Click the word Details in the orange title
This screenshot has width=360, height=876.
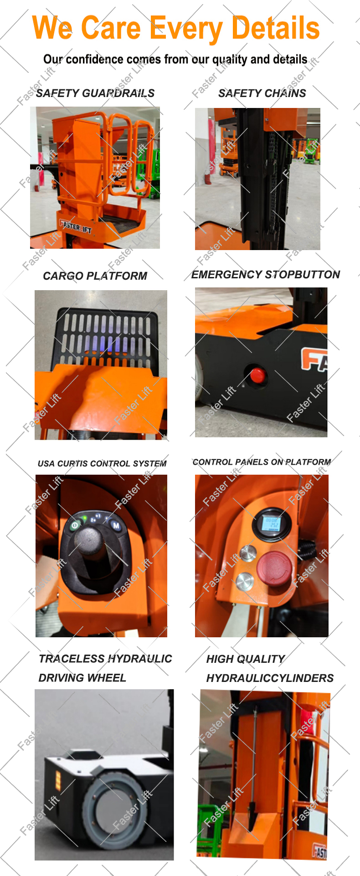coord(275,28)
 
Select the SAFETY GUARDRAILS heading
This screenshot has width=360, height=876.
coord(95,93)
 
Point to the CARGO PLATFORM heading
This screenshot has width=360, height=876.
coord(95,276)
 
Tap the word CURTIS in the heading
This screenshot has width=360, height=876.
coord(72,464)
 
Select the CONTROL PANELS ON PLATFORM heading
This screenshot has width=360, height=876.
coord(262,462)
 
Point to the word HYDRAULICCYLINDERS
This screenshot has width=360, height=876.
coord(270,678)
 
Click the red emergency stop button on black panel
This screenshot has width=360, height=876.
coord(257,375)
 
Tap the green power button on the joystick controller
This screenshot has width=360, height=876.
coord(75,526)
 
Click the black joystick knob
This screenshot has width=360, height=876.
coord(91,538)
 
